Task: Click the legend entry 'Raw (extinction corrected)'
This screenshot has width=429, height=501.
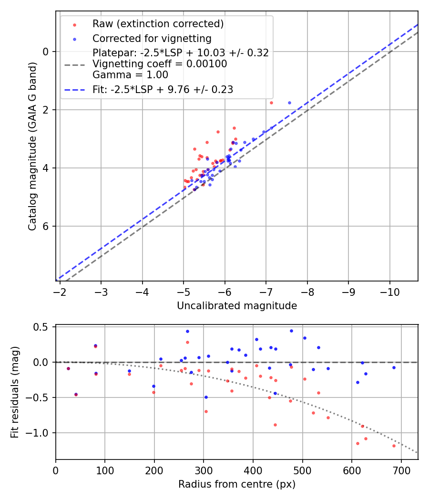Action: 158,24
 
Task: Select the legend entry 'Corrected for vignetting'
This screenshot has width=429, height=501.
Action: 152,38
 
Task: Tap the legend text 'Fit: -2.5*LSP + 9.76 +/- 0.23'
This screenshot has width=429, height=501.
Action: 163,89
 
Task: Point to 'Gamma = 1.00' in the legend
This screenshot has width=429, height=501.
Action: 130,74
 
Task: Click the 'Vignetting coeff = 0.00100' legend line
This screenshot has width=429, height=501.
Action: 160,64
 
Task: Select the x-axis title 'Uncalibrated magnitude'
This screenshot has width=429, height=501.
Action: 237,306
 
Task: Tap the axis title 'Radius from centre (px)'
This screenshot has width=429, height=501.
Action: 237,484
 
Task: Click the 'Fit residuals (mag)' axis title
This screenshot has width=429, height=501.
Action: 15,392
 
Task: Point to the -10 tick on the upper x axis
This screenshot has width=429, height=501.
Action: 390,291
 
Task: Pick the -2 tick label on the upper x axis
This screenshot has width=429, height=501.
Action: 60,291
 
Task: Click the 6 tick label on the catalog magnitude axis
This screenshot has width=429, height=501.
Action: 46,226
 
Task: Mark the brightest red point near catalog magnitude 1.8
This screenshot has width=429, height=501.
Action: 271,103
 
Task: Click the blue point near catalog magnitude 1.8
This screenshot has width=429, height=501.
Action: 289,103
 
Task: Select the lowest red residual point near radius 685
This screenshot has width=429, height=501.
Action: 394,446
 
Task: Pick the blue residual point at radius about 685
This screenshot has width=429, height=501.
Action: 394,367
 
